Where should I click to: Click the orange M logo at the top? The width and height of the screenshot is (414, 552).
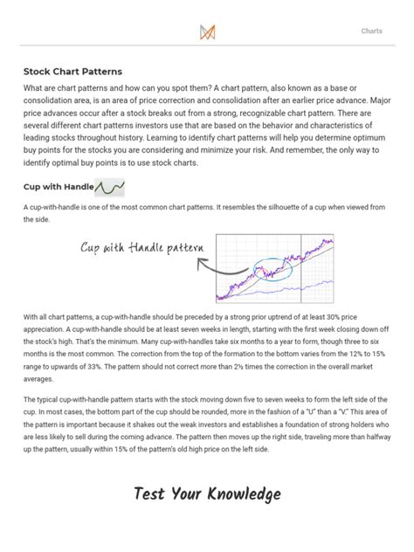pos(208,31)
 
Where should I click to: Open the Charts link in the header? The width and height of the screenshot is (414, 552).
pos(372,31)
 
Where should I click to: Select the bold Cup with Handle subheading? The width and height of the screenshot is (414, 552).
pos(58,188)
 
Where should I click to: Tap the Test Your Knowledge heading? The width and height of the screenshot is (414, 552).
pos(207,494)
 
